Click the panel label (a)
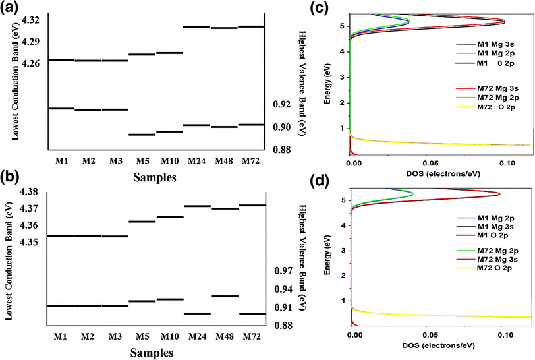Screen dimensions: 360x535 [11, 7]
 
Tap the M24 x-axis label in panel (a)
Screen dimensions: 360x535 [197, 160]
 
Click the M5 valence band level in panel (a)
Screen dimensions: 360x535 [142, 135]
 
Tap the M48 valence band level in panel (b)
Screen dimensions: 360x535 [225, 297]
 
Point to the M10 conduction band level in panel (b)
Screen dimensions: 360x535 [169, 217]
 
